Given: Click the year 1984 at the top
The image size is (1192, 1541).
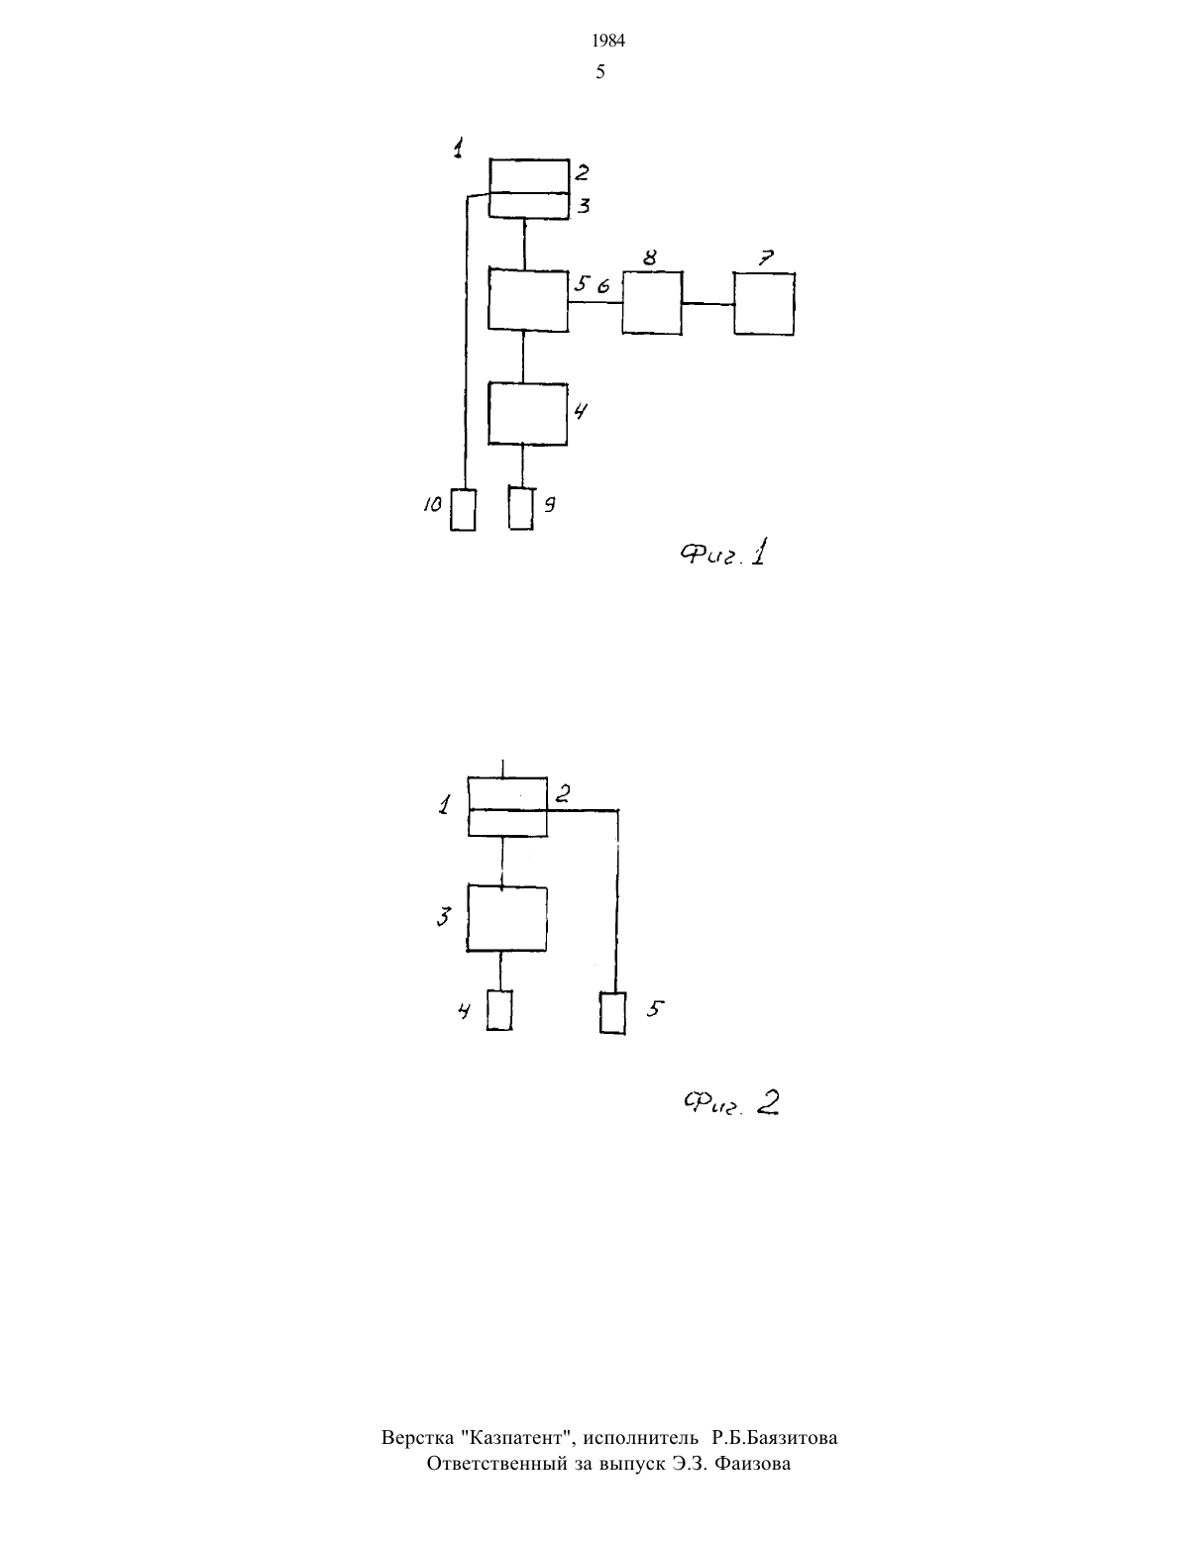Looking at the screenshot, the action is tap(608, 42).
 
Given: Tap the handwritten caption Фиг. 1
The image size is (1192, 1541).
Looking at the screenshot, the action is tap(723, 553).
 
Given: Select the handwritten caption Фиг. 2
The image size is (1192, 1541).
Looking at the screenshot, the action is tap(731, 1102).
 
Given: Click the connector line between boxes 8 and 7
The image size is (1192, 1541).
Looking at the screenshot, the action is tap(708, 303).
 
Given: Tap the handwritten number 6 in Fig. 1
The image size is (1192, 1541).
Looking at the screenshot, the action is tap(603, 286).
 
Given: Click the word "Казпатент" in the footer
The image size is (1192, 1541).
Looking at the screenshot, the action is tap(517, 1437).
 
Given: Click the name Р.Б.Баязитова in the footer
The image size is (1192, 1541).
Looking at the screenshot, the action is tap(775, 1437).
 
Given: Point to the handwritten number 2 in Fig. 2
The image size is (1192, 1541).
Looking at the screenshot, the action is tap(563, 793).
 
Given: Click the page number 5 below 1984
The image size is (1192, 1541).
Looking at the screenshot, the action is tap(600, 71).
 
